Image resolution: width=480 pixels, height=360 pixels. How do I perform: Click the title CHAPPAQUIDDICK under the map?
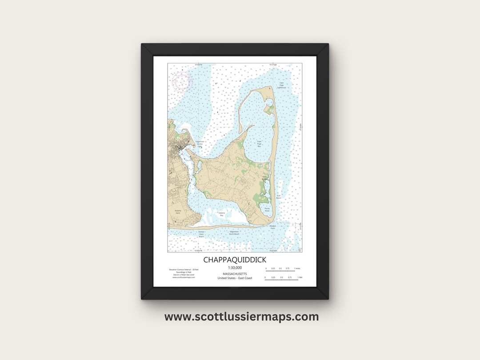tap(235, 260)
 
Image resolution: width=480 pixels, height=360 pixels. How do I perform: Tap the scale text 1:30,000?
tap(235, 268)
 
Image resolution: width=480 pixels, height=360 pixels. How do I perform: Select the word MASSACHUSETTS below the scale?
tap(235, 274)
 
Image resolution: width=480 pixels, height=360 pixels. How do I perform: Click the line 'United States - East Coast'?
tap(235, 278)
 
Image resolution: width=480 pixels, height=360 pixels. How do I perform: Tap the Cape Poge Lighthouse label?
tap(282, 85)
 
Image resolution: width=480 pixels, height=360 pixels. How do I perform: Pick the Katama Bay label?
tap(221, 214)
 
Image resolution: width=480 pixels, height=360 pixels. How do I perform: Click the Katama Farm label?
tap(178, 213)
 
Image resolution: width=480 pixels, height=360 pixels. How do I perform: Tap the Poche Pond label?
tap(267, 208)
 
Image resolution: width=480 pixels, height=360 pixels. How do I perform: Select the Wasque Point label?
tap(273, 226)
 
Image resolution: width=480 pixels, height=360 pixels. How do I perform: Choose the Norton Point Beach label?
tap(201, 234)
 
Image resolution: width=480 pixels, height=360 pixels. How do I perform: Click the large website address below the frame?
tap(241, 317)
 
